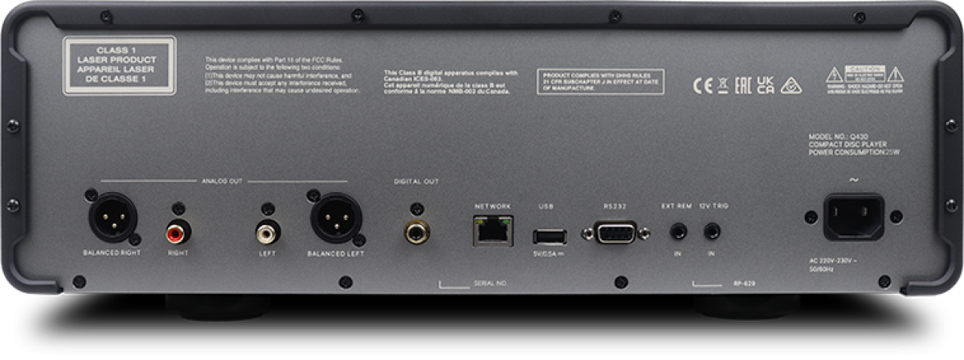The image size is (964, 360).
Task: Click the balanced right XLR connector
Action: tap(112, 216)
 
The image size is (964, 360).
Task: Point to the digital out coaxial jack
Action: tap(416, 233)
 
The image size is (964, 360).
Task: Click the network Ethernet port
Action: tap(492, 233)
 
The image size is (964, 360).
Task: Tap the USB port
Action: tap(549, 235)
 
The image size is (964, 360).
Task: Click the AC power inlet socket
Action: tap(852, 218)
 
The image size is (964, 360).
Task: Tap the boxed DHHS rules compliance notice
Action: tap(599, 81)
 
